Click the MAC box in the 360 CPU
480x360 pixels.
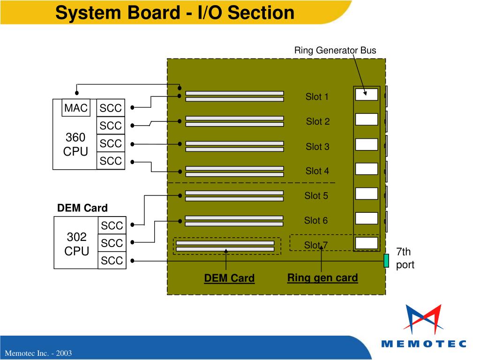point(76,107)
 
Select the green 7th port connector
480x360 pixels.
point(386,261)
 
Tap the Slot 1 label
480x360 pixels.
point(317,97)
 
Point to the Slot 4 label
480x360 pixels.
point(317,171)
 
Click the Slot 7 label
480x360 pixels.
point(316,245)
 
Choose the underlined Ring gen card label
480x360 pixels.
point(322,277)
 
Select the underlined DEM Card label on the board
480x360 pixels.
point(229,278)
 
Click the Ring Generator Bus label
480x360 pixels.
point(335,50)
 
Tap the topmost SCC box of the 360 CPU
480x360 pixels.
point(111,108)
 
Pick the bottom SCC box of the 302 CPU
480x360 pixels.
point(112,261)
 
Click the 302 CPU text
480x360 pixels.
point(76,244)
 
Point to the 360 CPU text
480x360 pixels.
point(75,144)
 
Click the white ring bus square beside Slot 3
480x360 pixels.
point(367,144)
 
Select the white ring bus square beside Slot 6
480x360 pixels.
point(367,218)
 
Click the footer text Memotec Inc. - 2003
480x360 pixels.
point(38,353)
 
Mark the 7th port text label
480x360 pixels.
point(405,258)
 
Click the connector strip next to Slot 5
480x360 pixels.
point(234,196)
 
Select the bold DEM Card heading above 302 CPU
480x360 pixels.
point(82,208)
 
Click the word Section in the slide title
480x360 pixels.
point(261,13)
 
